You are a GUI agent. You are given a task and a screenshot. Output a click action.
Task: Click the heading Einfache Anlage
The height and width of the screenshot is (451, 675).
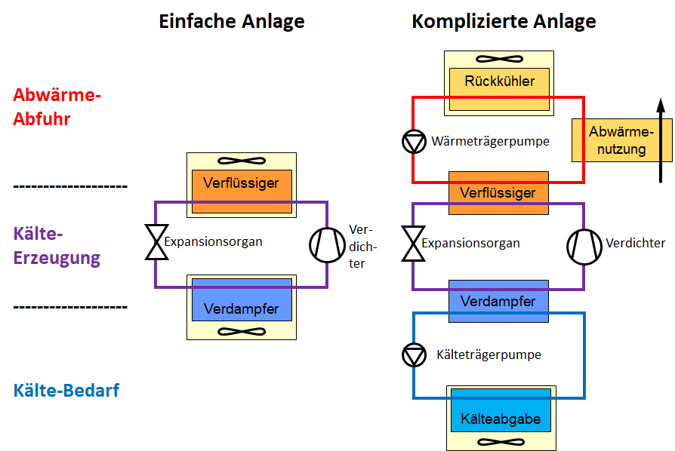[x=231, y=21]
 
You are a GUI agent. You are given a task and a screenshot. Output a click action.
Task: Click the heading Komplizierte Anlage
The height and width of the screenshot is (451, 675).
[x=504, y=21]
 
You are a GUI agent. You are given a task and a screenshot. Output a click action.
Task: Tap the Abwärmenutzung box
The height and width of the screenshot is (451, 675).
[x=611, y=140]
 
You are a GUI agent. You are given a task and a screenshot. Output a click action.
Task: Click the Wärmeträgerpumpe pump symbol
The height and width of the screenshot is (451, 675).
[x=414, y=141]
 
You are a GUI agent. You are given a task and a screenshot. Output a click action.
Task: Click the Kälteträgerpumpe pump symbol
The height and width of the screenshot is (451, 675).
[x=414, y=354]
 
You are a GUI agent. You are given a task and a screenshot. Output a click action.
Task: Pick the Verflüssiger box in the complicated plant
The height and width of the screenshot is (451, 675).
[x=498, y=193]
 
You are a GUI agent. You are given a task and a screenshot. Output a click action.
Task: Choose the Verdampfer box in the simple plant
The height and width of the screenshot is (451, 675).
[x=242, y=309]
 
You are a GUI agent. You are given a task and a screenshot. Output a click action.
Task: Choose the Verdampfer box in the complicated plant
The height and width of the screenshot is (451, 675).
[x=498, y=302]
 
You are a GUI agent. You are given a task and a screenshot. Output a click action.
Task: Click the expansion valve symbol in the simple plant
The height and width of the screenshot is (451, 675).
[x=156, y=242]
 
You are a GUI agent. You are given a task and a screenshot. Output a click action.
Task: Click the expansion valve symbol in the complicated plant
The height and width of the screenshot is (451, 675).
[x=413, y=243]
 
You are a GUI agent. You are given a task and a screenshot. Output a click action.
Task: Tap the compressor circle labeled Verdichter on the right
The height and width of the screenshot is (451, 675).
[x=584, y=245]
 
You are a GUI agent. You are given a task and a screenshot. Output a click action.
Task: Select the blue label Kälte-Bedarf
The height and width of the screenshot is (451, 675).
[x=66, y=391]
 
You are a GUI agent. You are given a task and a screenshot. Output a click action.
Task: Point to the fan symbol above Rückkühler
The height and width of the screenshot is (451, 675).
[x=499, y=59]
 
